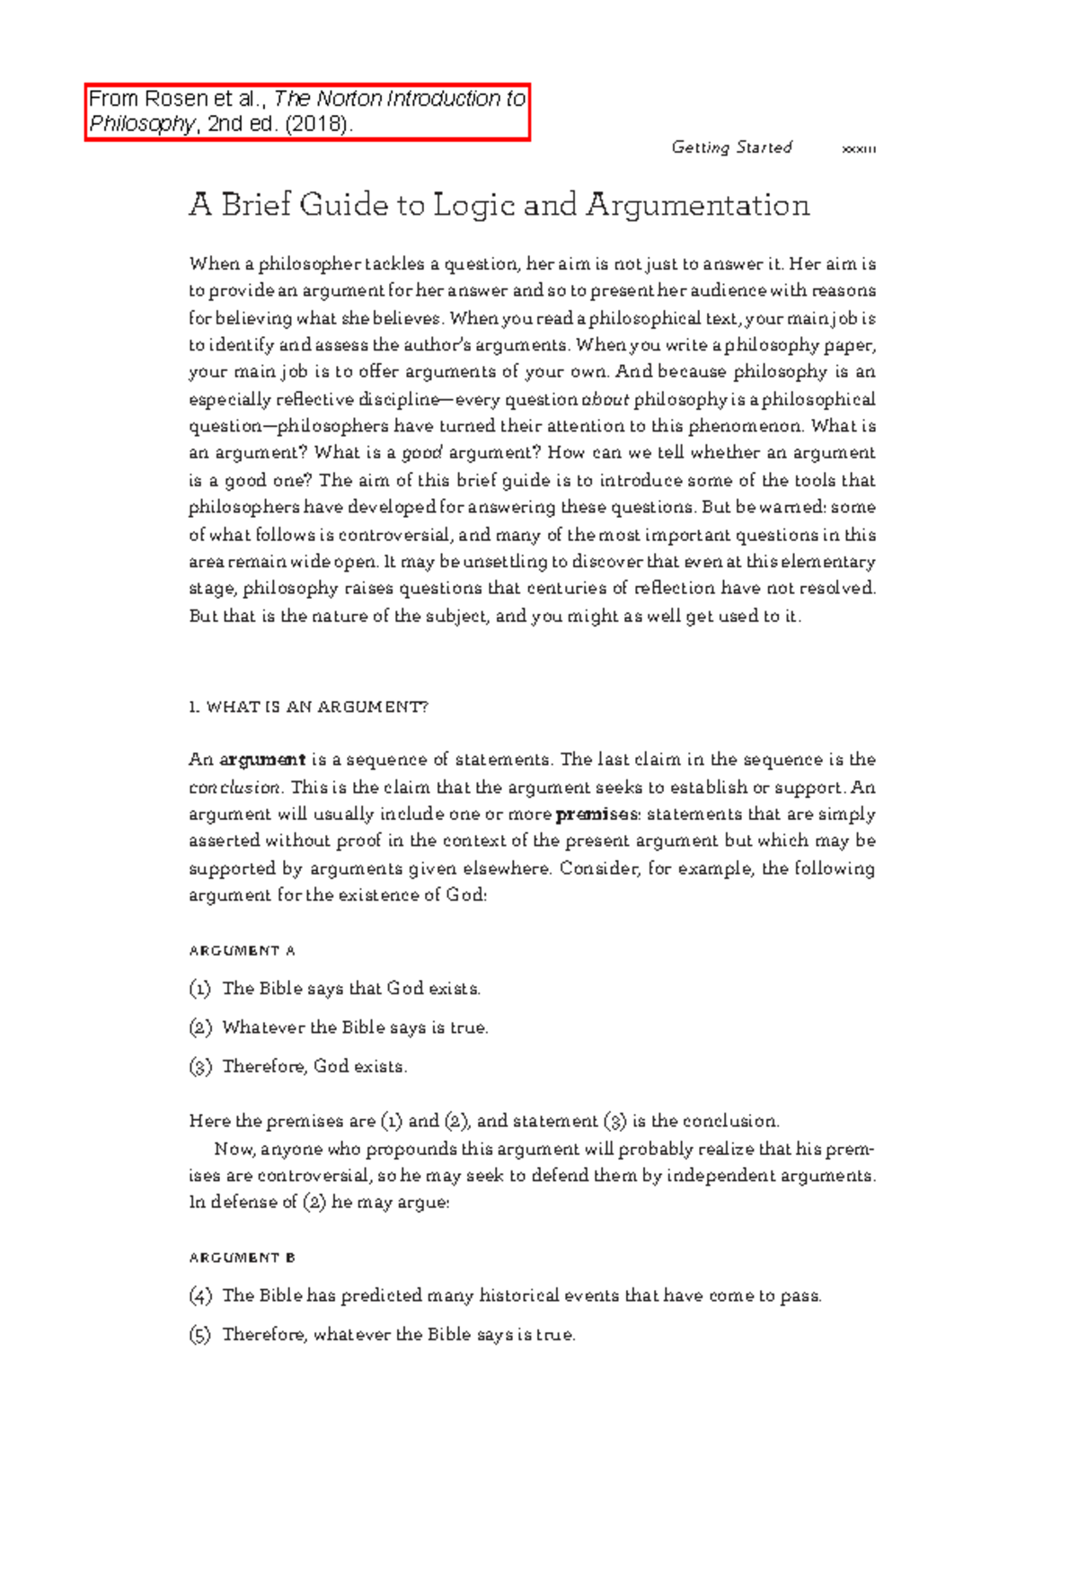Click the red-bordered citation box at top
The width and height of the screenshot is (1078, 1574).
click(x=307, y=111)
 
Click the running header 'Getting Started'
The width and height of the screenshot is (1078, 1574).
click(x=731, y=147)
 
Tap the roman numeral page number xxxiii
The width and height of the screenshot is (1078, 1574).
click(x=858, y=149)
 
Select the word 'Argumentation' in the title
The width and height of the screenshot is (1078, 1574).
click(x=698, y=206)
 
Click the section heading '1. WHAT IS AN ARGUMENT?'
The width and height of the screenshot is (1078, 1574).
click(x=308, y=707)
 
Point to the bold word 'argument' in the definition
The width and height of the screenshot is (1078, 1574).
click(x=262, y=760)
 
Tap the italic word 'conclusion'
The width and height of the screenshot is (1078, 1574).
click(x=235, y=787)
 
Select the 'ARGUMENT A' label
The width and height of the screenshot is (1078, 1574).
click(x=242, y=950)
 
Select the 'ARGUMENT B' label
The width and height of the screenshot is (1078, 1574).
click(x=242, y=1258)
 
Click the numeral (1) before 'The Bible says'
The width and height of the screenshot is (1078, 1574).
click(x=199, y=989)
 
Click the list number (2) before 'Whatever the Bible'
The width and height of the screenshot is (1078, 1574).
click(x=199, y=1027)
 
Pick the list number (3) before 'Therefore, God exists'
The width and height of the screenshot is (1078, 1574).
click(x=199, y=1067)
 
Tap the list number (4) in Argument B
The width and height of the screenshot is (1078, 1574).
click(x=199, y=1296)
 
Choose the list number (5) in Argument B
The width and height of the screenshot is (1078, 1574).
click(x=199, y=1335)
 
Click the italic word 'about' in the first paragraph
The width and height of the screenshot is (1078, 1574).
click(x=605, y=399)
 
